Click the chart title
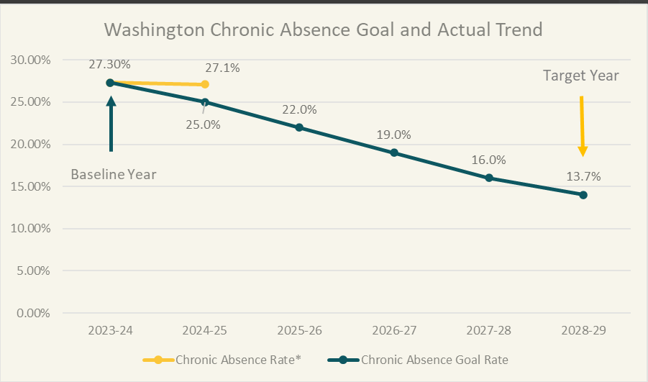pyautogui.click(x=323, y=30)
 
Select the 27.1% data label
pyautogui.click(x=222, y=68)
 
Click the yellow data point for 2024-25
pyautogui.click(x=205, y=84)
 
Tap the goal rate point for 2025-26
pyautogui.click(x=299, y=127)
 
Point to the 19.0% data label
pyautogui.click(x=393, y=135)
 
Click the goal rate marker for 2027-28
pyautogui.click(x=488, y=178)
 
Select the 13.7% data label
pyautogui.click(x=583, y=176)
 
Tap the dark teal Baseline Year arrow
pyautogui.click(x=111, y=124)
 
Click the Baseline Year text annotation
pyautogui.click(x=113, y=175)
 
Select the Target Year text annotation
pyautogui.click(x=580, y=76)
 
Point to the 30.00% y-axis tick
pyautogui.click(x=31, y=60)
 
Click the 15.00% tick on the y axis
pyautogui.click(x=31, y=186)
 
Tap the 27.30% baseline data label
pyautogui.click(x=109, y=65)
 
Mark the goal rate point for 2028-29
pyautogui.click(x=583, y=195)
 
